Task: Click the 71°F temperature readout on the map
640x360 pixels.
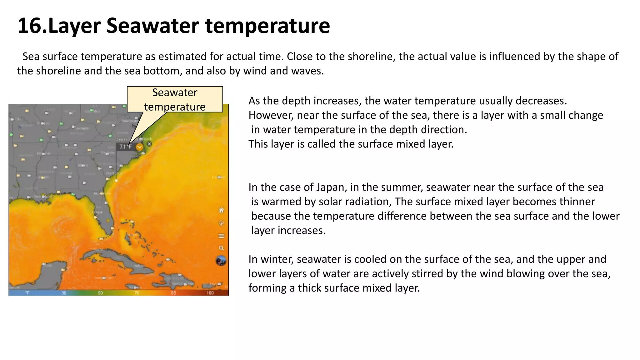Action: pos(126,147)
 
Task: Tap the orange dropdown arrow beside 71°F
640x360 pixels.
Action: pos(139,147)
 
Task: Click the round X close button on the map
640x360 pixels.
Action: pos(149,144)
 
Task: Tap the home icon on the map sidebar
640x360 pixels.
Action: pos(221,210)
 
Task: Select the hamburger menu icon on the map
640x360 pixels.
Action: pos(221,236)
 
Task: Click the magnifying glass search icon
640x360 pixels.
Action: pos(221,248)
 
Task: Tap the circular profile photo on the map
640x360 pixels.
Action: pos(221,261)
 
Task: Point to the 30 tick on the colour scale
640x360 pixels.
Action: pos(64,293)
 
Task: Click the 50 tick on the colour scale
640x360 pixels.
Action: pos(100,293)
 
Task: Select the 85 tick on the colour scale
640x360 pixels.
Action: pos(173,293)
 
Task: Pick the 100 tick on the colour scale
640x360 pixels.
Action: pos(210,293)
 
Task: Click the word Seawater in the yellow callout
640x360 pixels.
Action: pos(175,93)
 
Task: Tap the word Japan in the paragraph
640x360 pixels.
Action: pos(331,187)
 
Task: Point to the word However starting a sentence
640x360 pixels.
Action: pos(271,115)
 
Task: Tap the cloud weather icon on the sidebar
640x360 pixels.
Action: pos(221,223)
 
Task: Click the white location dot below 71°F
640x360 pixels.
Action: pos(116,180)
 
